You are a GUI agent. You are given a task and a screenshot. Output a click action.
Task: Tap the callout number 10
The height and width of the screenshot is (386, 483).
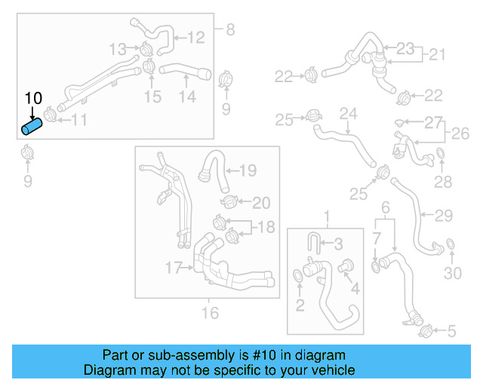click(34, 98)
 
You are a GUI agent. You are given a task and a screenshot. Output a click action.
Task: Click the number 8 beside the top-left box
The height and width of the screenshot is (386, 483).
click(230, 29)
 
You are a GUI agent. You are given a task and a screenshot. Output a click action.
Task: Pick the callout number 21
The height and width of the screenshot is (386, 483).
click(438, 55)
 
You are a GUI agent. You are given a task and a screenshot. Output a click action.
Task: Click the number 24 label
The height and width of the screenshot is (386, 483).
click(347, 115)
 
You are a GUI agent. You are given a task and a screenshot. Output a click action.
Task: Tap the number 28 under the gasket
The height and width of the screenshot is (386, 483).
click(442, 182)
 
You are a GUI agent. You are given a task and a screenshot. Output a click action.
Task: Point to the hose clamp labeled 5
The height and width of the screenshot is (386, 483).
click(425, 329)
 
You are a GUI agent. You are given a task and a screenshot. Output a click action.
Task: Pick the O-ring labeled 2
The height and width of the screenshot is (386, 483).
click(298, 280)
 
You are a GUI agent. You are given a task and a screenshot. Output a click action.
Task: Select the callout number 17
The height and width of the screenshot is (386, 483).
click(174, 268)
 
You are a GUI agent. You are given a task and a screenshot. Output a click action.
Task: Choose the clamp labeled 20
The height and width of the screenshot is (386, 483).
click(229, 202)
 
